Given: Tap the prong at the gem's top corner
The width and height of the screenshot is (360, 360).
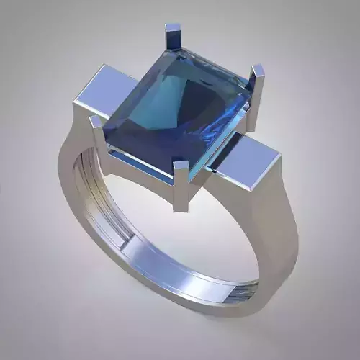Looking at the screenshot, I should click(174, 40).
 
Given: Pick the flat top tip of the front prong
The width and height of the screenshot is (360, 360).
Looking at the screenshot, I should click(181, 166).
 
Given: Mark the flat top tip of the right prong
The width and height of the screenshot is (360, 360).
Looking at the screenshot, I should click(258, 69).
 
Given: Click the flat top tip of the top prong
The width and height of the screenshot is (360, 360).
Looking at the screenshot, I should click(174, 28).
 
